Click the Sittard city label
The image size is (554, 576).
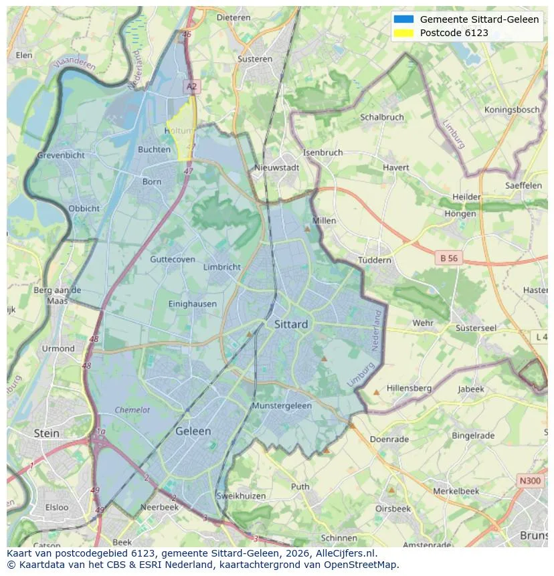(x=291, y=324)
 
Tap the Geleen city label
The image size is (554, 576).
(x=193, y=431)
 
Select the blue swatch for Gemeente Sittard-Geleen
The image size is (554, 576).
(x=404, y=19)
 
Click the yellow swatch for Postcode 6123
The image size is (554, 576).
(x=404, y=33)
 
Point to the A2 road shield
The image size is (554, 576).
(x=192, y=86)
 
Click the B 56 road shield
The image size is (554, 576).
(x=448, y=258)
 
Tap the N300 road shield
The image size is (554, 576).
(x=531, y=480)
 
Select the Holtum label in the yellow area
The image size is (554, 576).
(x=179, y=131)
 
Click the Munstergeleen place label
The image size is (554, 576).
(x=282, y=406)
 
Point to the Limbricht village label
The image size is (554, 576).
(x=221, y=267)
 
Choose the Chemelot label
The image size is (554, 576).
(x=132, y=410)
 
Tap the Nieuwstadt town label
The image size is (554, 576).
(x=277, y=168)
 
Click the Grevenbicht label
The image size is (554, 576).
(x=61, y=155)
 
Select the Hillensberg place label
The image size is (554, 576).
(x=409, y=388)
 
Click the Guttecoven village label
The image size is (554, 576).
(x=173, y=259)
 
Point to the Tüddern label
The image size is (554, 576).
(x=375, y=260)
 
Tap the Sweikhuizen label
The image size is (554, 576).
(x=242, y=496)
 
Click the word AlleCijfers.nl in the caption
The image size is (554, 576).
(x=344, y=554)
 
